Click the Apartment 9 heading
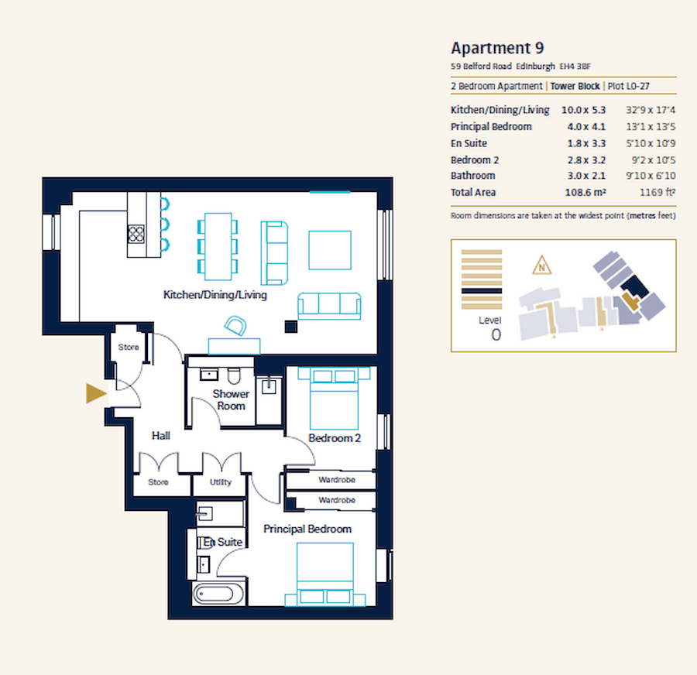click(x=503, y=48)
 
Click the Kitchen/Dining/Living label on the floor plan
click(x=215, y=295)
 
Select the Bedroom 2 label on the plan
click(x=335, y=438)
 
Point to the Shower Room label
click(x=231, y=400)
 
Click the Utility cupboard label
click(x=221, y=482)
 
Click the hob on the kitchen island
click(x=137, y=233)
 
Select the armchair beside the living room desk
click(x=235, y=327)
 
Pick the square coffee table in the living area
click(x=331, y=249)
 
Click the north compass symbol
click(x=544, y=267)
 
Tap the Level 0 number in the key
click(x=496, y=334)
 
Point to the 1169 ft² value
click(x=655, y=193)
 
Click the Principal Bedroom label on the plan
click(x=307, y=529)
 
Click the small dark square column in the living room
click(x=290, y=326)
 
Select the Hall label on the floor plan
click(x=161, y=437)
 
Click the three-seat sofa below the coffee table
click(x=330, y=306)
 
